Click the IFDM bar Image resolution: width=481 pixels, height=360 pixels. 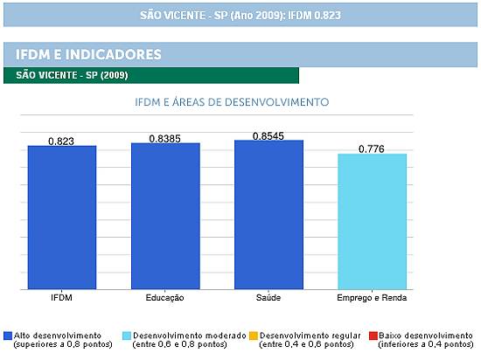click(62, 218)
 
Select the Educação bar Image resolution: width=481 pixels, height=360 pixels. click(165, 216)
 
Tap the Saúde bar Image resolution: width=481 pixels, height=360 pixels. click(269, 215)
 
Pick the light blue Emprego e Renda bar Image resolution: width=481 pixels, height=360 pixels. click(373, 222)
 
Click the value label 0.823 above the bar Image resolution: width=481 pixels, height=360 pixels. click(61, 142)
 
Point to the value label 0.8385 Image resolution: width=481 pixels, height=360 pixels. click(165, 139)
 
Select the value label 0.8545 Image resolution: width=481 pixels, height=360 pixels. click(268, 136)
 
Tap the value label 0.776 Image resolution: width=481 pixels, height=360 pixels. click(372, 149)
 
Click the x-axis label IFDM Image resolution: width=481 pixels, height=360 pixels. click(62, 297)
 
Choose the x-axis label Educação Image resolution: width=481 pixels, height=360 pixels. click(165, 298)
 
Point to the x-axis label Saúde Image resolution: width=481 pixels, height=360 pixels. click(268, 297)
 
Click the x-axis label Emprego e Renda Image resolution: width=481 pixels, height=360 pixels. click(372, 298)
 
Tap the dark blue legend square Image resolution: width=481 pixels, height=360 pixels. click(8, 336)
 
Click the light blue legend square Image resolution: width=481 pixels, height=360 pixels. click(127, 336)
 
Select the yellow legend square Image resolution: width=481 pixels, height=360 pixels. click(254, 336)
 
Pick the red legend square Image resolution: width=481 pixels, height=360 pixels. click(373, 336)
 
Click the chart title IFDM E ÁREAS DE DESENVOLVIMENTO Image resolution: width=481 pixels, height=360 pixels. click(232, 102)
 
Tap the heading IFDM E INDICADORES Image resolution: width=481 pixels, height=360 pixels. click(88, 54)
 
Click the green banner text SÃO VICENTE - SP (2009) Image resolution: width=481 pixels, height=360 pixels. click(72, 75)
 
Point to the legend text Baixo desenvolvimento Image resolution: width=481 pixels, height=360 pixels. click(426, 336)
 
